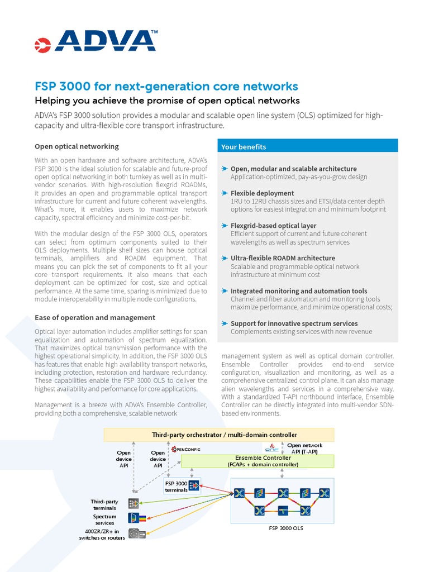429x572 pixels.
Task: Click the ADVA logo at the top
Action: [x=96, y=41]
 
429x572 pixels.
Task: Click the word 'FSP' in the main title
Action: [x=46, y=87]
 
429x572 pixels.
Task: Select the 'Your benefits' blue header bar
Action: [x=308, y=147]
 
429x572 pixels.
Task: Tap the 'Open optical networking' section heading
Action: [x=77, y=146]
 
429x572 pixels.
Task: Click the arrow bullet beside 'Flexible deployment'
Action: [x=225, y=193]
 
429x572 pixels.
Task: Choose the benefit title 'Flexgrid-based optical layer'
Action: [x=273, y=226]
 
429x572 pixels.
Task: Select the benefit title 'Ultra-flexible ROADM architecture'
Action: [x=283, y=258]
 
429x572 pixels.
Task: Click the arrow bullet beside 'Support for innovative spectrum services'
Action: [x=225, y=323]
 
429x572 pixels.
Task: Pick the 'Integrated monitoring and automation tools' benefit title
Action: [x=299, y=291]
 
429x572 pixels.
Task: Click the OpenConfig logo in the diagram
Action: [x=186, y=449]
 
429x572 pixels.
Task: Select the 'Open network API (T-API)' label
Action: [x=304, y=449]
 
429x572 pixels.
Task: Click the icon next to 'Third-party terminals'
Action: [x=134, y=503]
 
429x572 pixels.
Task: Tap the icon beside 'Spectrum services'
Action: [x=134, y=518]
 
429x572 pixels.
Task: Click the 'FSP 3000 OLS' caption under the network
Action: [x=286, y=528]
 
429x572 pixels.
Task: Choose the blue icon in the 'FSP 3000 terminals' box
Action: [x=194, y=485]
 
